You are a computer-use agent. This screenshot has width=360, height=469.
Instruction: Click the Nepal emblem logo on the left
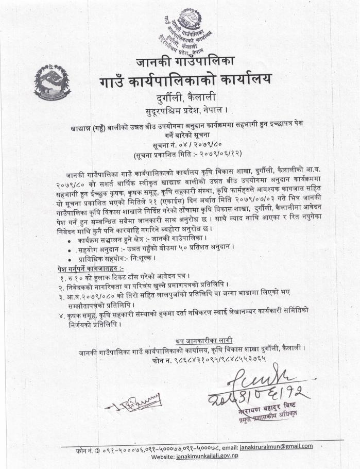click(52, 82)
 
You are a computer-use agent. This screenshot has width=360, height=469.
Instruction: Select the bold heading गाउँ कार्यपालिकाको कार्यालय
click(185, 81)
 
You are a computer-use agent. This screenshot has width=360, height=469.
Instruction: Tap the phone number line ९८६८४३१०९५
click(209, 358)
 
